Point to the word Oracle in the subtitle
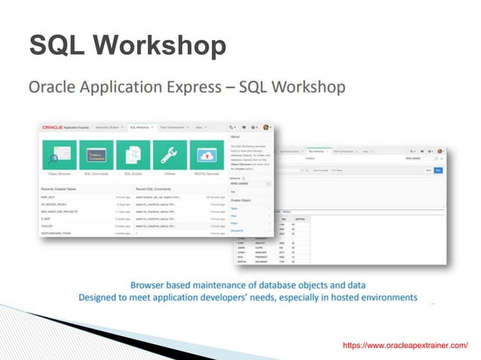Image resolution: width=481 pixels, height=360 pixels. pos(54,88)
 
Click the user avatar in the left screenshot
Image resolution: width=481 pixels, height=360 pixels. pos(267,128)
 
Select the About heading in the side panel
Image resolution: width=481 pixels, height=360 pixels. pos(235,137)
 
